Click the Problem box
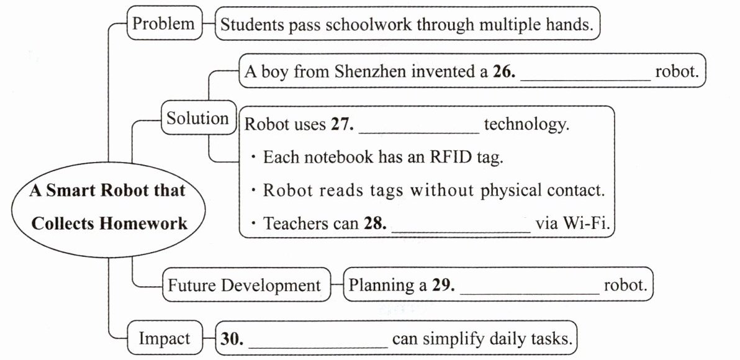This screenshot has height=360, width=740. pos(164,24)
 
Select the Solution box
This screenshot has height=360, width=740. pos(197,118)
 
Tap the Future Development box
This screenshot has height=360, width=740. pos(245,286)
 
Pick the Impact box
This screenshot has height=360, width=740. pos(164,339)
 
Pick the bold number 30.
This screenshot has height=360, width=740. pos(231,340)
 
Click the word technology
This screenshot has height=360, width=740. pos(526,124)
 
